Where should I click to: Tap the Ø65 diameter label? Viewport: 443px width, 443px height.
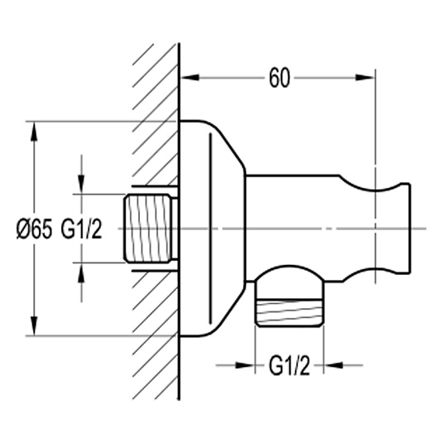point(35,229)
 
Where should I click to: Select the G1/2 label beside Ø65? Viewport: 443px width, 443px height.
point(81,229)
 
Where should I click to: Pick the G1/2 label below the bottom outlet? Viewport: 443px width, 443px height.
point(289,365)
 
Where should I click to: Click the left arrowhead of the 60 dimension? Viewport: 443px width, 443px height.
point(190,77)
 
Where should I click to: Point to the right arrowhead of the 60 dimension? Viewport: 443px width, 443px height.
point(364,77)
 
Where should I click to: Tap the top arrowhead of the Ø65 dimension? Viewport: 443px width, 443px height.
point(35,131)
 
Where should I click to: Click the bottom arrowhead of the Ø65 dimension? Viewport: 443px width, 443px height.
point(35,326)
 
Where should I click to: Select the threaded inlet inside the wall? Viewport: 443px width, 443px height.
point(148,229)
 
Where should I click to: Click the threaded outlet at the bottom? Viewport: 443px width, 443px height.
point(289,313)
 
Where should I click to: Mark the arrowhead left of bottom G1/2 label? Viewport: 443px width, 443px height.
point(245,365)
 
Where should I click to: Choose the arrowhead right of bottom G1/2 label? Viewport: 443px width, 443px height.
point(334,365)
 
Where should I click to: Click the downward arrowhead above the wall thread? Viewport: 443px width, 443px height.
point(81,185)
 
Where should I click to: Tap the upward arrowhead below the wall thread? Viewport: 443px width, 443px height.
point(81,272)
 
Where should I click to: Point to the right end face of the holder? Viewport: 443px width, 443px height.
point(409,229)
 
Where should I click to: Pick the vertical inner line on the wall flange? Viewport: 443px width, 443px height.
point(210,229)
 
